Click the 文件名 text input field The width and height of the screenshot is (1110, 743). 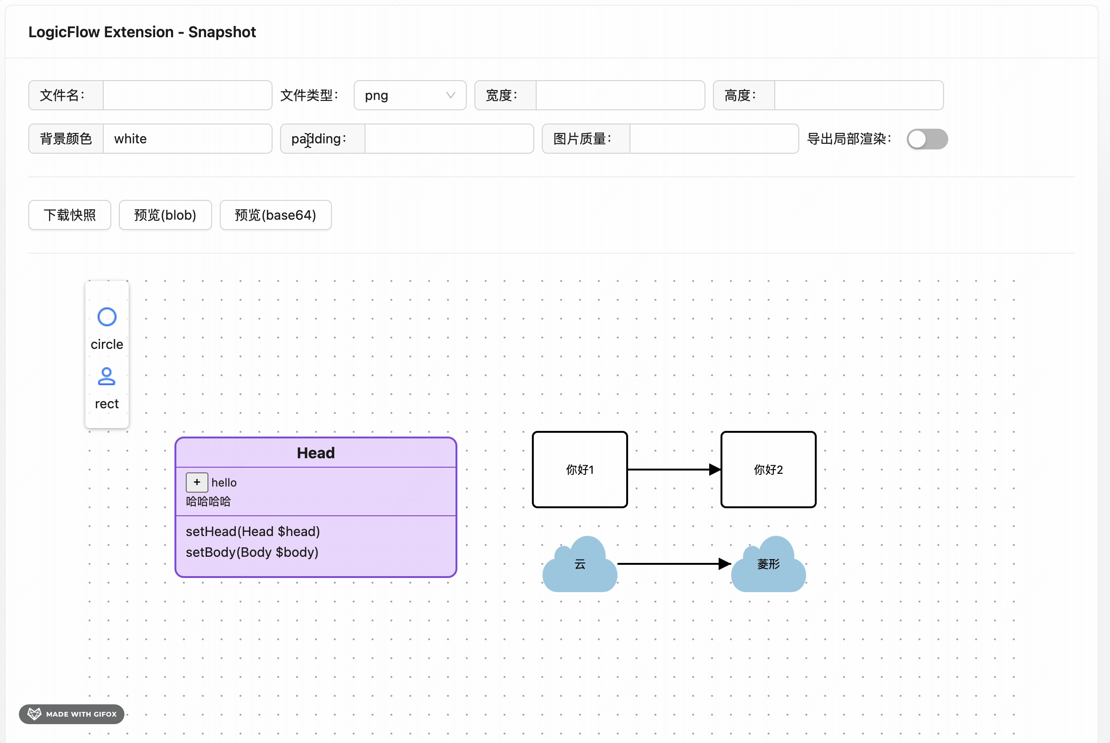coord(187,95)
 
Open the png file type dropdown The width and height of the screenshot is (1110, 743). coord(409,95)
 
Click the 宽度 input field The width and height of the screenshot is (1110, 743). coord(620,95)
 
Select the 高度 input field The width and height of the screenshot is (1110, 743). coord(858,95)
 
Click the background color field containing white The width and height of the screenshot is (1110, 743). coord(187,139)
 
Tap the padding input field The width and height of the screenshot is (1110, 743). coord(448,139)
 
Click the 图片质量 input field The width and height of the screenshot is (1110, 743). coord(713,139)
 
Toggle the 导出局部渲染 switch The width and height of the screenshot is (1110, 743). coord(927,139)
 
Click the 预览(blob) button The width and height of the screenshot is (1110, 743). coord(165,215)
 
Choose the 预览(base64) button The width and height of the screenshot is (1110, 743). coord(275,215)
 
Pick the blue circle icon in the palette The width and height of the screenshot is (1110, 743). coord(107,317)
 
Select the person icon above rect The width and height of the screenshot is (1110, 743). coord(107,377)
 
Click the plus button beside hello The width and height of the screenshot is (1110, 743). coord(197,482)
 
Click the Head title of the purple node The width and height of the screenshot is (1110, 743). coord(315,453)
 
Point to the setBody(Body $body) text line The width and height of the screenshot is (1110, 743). coord(252,553)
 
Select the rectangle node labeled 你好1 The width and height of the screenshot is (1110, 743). coord(579,470)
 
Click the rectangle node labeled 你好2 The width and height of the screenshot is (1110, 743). coord(768,470)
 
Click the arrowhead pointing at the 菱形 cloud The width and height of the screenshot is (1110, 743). coord(724,564)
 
